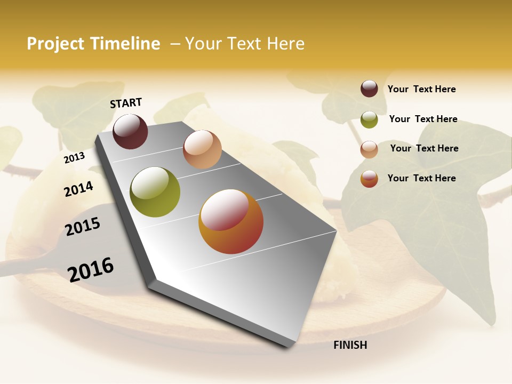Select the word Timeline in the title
pos(125,44)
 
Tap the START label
pos(126,103)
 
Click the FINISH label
pos(350,345)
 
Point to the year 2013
pos(74,157)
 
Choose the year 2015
pos(83,227)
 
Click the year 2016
pos(91,269)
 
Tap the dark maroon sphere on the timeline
pos(130,131)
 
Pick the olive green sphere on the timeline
pos(155,192)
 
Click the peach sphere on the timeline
pos(202,149)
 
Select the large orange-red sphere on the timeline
pos(231,221)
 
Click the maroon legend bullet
pos(369,89)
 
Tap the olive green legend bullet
pos(369,119)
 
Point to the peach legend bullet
pos(369,149)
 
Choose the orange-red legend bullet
pos(369,179)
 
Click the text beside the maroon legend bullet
pos(422,89)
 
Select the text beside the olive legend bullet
pos(423,119)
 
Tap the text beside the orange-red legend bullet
pos(422,178)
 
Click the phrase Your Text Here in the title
pos(245,44)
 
